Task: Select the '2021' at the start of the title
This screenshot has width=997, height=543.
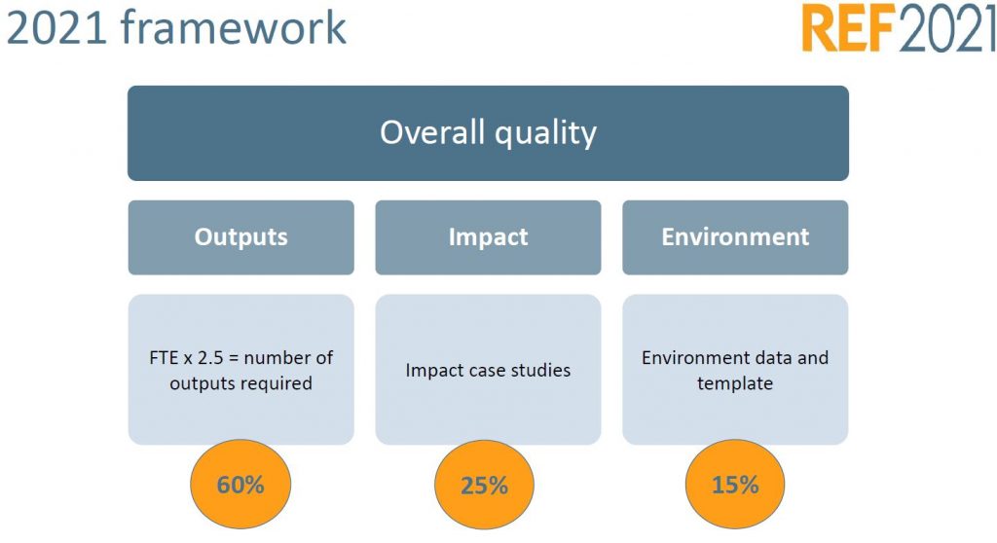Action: [55, 28]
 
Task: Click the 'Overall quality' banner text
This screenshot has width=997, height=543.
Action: [488, 132]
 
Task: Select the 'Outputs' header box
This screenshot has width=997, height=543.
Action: [240, 237]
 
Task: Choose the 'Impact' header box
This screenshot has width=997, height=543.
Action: [488, 237]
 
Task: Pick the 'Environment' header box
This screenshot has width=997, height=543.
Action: [735, 237]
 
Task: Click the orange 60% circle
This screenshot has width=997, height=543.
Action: [240, 485]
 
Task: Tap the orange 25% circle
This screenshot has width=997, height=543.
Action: [484, 485]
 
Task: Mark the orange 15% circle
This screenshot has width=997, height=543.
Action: [735, 485]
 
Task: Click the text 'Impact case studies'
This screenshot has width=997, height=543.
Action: [488, 371]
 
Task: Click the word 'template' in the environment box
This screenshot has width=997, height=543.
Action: [735, 383]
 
